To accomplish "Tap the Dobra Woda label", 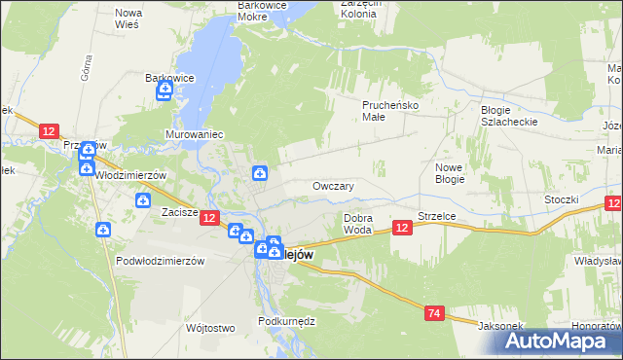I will pyautogui.click(x=358, y=224).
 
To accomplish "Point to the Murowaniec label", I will pyautogui.click(x=195, y=132).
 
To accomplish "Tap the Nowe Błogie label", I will pyautogui.click(x=449, y=173).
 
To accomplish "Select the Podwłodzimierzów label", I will pyautogui.click(x=159, y=261).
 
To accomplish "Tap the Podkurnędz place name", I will pyautogui.click(x=284, y=320).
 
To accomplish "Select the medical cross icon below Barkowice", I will pyautogui.click(x=165, y=92).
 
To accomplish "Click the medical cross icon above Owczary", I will pyautogui.click(x=260, y=174).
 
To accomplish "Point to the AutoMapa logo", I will pyautogui.click(x=559, y=341).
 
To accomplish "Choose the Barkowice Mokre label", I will pyautogui.click(x=266, y=11).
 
